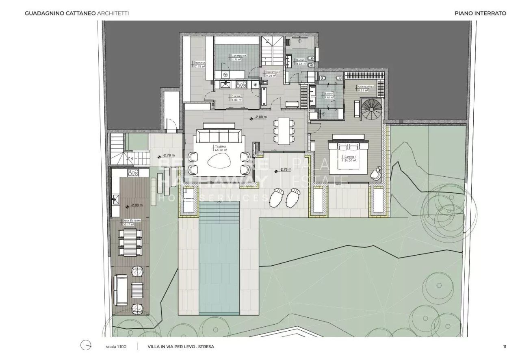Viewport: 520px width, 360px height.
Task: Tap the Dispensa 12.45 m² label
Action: (199, 64)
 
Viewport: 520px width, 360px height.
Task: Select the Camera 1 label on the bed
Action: (349, 158)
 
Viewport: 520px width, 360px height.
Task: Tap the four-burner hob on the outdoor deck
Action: (133, 172)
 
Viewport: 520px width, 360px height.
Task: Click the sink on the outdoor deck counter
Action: (115, 199)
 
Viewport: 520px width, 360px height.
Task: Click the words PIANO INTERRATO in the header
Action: (480, 13)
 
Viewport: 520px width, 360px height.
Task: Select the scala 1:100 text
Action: (117, 347)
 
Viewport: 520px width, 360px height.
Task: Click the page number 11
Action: (504, 347)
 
